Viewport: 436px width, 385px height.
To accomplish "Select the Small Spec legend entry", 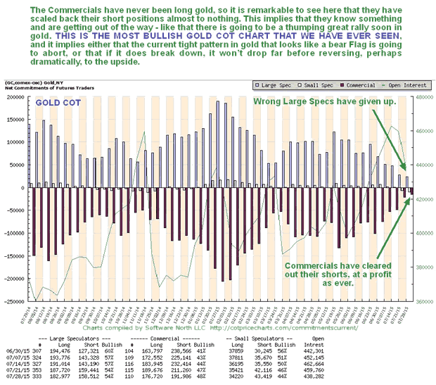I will tap(312, 84).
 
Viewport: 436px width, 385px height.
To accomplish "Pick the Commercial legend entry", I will tap(352, 84).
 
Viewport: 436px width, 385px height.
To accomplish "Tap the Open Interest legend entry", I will tap(392, 84).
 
